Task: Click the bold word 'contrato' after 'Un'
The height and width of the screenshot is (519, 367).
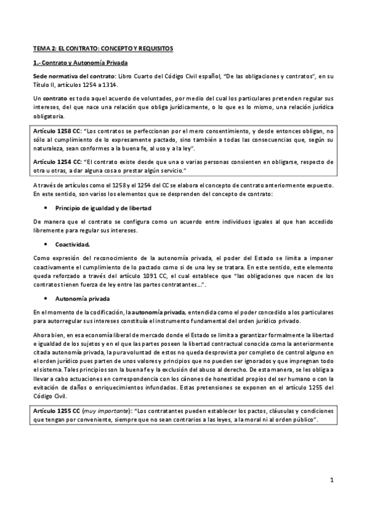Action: (x=56, y=98)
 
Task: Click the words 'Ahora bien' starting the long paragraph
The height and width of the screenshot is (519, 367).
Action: (x=47, y=335)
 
